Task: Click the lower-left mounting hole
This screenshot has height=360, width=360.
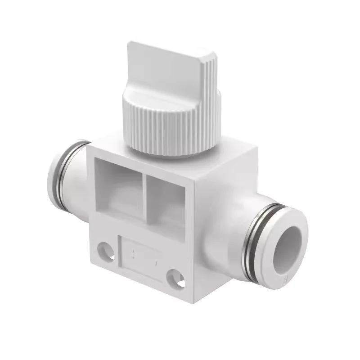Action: coord(103,249)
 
